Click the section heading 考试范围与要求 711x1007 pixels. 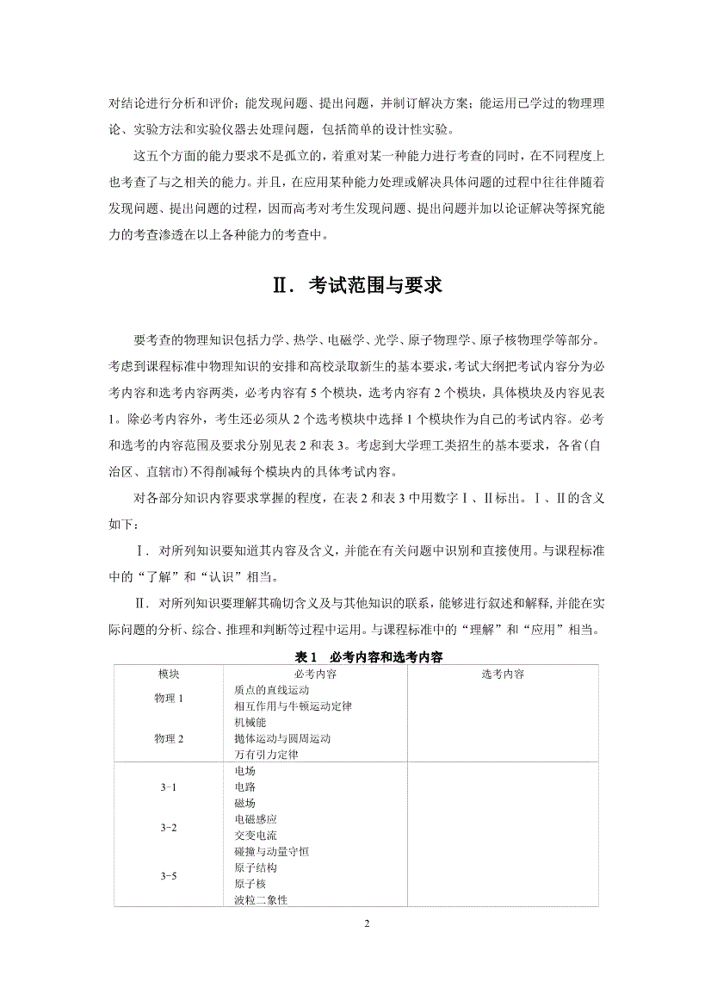tap(355, 285)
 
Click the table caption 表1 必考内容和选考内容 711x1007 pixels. tap(355, 656)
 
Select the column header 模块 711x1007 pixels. tap(168, 674)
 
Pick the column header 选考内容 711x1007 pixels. tap(503, 674)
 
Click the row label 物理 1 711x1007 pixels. tap(169, 699)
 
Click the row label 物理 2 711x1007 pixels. tap(169, 739)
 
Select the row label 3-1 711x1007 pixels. tap(169, 787)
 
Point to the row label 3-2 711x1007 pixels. tap(169, 828)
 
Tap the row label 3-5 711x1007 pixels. tap(169, 876)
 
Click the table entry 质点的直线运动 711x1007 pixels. tap(272, 690)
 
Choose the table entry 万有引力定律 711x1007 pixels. tap(266, 755)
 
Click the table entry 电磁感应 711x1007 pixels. tap(256, 819)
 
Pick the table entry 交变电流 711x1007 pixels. tap(256, 836)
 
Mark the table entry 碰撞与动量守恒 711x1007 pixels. tap(271, 852)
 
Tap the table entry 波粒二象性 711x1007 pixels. tap(261, 900)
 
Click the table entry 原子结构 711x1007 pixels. tap(256, 868)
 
